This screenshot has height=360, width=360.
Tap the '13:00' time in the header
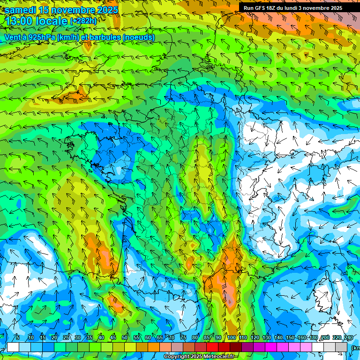(18, 21)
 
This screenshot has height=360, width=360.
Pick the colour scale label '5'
(17, 337)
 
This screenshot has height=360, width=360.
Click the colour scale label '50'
(125, 337)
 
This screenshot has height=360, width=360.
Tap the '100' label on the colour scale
(232, 337)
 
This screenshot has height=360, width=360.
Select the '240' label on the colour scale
(349, 337)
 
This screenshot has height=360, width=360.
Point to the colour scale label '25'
(66, 337)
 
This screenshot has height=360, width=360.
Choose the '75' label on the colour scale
(183, 337)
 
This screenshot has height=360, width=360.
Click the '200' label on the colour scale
(325, 337)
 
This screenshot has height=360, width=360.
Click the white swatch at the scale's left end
(13, 347)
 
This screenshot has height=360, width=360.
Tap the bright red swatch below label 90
(212, 347)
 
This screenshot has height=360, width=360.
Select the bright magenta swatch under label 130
(271, 347)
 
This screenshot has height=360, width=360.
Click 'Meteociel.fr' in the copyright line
(222, 357)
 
